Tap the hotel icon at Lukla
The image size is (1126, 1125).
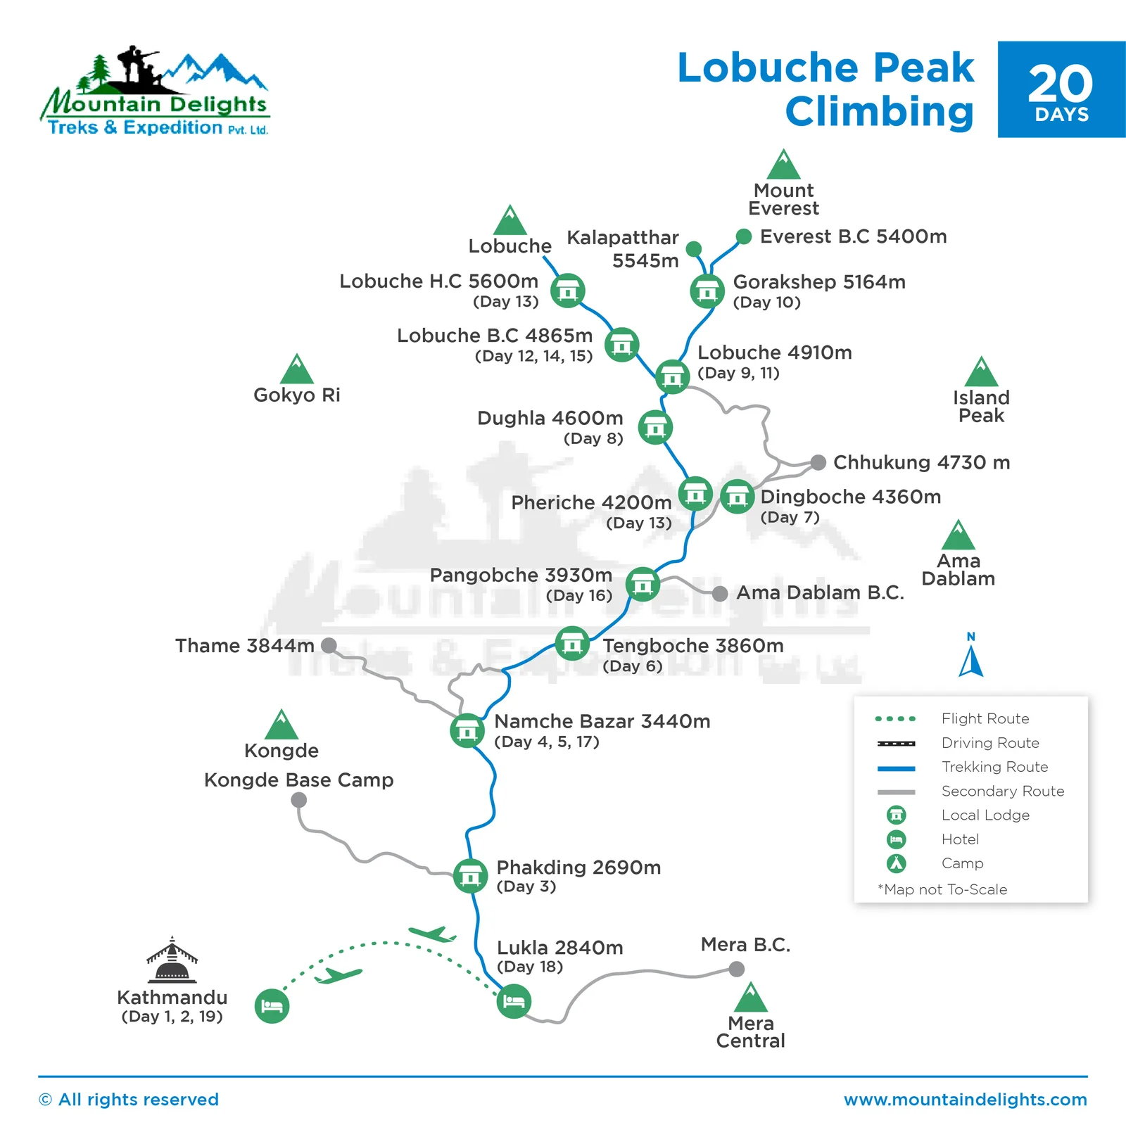(x=514, y=1001)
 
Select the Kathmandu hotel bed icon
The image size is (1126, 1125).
(x=272, y=1006)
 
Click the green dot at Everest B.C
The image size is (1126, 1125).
(x=744, y=236)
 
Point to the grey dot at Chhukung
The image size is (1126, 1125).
(x=818, y=462)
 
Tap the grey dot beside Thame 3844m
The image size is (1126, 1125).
(x=329, y=645)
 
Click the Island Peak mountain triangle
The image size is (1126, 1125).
(x=981, y=373)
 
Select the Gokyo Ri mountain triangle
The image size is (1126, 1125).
(x=297, y=369)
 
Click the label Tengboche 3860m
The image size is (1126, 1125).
(x=692, y=645)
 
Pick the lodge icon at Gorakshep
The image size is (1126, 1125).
(x=707, y=291)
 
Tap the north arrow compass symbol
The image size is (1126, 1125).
(x=971, y=657)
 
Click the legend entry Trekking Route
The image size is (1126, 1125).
(x=994, y=767)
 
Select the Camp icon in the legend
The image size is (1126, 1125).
(x=896, y=863)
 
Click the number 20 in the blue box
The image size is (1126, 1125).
(x=1061, y=84)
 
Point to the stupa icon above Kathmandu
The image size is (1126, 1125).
(x=172, y=960)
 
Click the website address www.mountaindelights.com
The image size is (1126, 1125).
(x=966, y=1100)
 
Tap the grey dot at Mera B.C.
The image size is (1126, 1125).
(x=737, y=969)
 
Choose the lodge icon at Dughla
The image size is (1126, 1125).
(x=655, y=427)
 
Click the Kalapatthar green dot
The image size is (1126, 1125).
(x=694, y=248)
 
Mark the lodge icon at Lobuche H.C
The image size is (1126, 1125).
(x=567, y=291)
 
